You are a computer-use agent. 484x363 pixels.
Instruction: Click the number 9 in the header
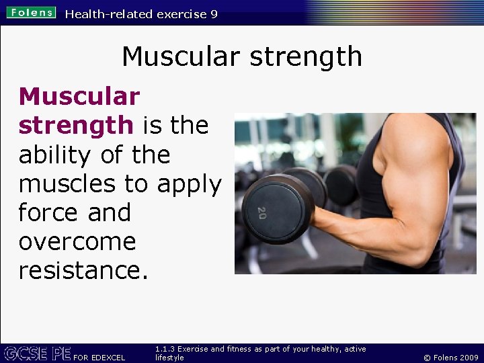[213, 14]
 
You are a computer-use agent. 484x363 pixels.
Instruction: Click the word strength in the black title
[306, 58]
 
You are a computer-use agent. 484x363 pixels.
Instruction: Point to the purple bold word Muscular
[79, 97]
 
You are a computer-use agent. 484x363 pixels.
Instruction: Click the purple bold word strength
[75, 126]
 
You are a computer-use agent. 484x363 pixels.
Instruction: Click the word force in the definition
[46, 212]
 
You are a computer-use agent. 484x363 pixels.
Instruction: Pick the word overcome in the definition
[77, 242]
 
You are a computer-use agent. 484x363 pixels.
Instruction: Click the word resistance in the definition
[77, 270]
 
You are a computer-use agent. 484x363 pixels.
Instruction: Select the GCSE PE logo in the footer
[37, 353]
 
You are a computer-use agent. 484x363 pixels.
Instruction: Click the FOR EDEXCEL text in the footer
[99, 357]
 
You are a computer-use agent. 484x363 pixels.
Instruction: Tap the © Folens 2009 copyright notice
[450, 357]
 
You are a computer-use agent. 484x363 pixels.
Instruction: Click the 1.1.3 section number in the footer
[165, 349]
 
